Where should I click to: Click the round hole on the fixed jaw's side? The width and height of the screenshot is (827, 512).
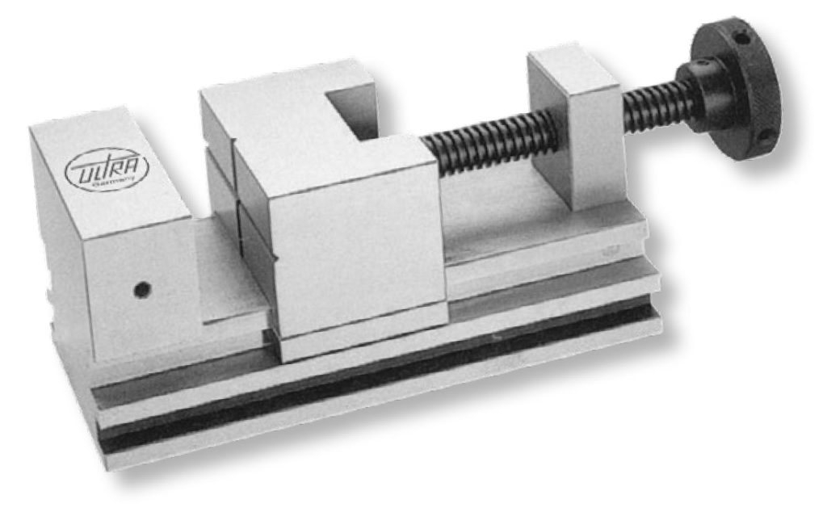coord(142,287)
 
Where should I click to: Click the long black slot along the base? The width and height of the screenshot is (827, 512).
coord(388,380)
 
